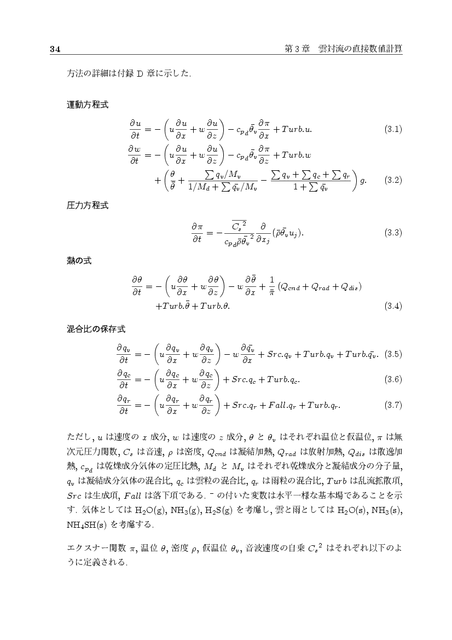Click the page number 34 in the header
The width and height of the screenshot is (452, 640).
[x=54, y=49]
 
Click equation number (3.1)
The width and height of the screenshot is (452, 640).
[x=393, y=130]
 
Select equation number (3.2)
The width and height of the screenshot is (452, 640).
[x=393, y=179]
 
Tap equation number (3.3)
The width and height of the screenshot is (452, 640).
[x=393, y=233]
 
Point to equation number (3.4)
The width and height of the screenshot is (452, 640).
[x=393, y=305]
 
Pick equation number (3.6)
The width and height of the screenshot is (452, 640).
[x=393, y=379]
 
